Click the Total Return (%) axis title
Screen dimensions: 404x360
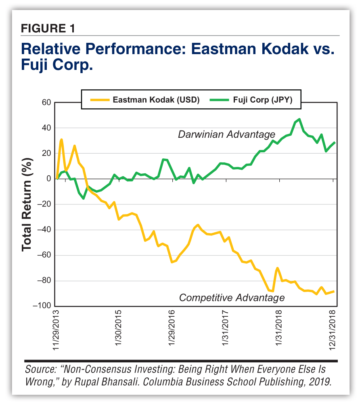(x=27, y=204)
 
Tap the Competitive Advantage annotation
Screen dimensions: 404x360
(x=232, y=298)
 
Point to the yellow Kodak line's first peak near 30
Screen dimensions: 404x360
(x=61, y=139)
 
